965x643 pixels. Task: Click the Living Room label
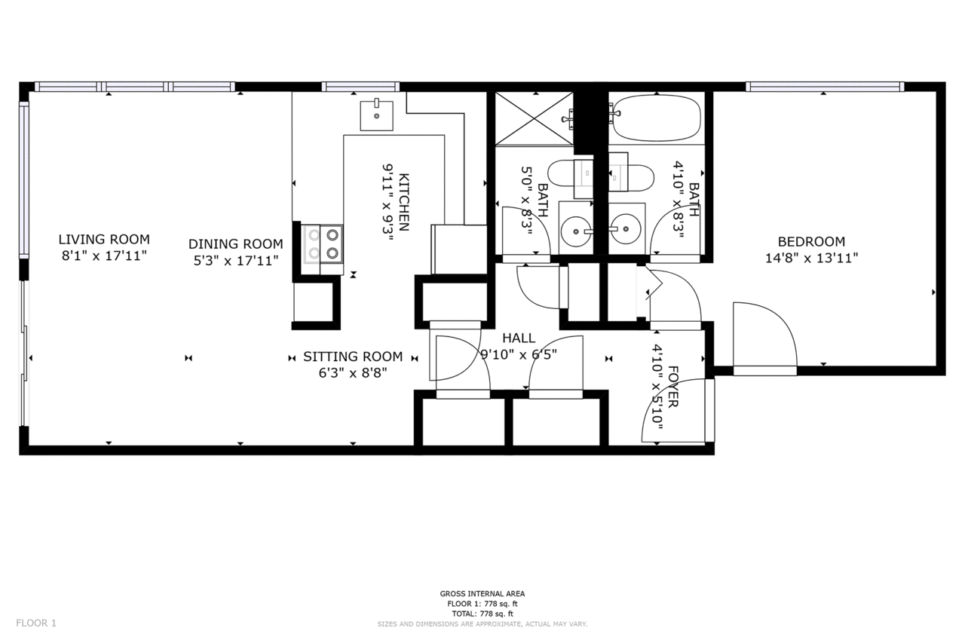104,240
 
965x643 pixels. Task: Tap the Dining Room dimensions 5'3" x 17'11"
236,261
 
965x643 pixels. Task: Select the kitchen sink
376,115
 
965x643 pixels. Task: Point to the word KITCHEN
403,202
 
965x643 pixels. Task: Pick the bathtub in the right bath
657,118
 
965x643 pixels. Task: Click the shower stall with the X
535,118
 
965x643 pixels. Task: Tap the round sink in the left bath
576,231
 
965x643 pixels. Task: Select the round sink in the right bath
626,229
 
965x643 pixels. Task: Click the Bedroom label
811,241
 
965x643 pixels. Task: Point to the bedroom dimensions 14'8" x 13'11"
812,258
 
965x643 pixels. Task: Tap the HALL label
519,338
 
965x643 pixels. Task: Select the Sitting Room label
353,357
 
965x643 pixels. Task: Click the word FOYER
673,386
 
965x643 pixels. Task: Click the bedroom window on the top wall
825,87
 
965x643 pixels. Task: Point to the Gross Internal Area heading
482,594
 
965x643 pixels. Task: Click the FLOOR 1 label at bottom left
36,623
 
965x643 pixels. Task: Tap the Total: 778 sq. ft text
482,614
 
